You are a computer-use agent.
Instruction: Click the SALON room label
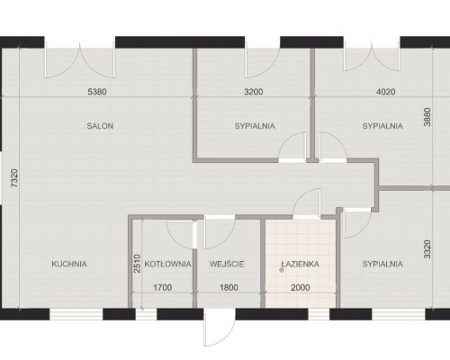[100, 126]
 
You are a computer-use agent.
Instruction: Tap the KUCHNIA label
[69, 264]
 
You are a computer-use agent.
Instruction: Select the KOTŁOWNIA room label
[167, 264]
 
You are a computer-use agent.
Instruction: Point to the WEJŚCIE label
[227, 264]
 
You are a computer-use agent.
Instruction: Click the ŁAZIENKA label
[300, 264]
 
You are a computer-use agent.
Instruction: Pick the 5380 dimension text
[97, 92]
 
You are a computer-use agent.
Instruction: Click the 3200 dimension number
[254, 92]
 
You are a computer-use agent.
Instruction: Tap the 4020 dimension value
[386, 92]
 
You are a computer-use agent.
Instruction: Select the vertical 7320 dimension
[14, 178]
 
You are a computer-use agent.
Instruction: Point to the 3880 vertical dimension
[427, 117]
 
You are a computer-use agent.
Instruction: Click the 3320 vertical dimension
[427, 249]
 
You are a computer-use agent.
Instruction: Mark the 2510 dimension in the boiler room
[137, 264]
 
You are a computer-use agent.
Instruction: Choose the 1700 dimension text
[163, 288]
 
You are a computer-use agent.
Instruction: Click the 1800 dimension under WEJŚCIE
[229, 288]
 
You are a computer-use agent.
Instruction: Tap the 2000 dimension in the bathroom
[301, 288]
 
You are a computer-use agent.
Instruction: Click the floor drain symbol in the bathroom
[282, 270]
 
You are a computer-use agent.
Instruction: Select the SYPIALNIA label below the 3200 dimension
[255, 126]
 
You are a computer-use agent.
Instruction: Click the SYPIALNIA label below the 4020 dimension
[382, 126]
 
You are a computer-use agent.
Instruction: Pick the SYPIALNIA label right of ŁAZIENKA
[382, 264]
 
